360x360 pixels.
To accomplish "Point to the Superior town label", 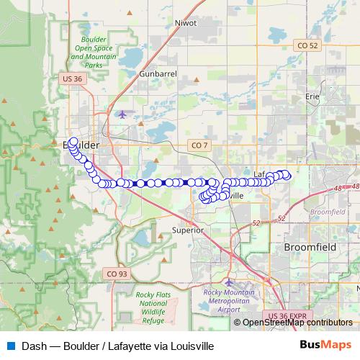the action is [x=189, y=230].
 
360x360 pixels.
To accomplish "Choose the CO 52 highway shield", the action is [x=308, y=45].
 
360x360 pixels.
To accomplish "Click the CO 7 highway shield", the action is [x=199, y=145].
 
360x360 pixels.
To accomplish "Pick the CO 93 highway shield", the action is [x=115, y=274].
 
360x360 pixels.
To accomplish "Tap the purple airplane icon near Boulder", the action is [x=121, y=114].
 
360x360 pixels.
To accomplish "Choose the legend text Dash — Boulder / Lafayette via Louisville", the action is [x=118, y=346].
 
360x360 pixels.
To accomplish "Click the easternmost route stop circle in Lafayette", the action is [x=287, y=174].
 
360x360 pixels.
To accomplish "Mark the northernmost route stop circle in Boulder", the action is [x=73, y=141].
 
